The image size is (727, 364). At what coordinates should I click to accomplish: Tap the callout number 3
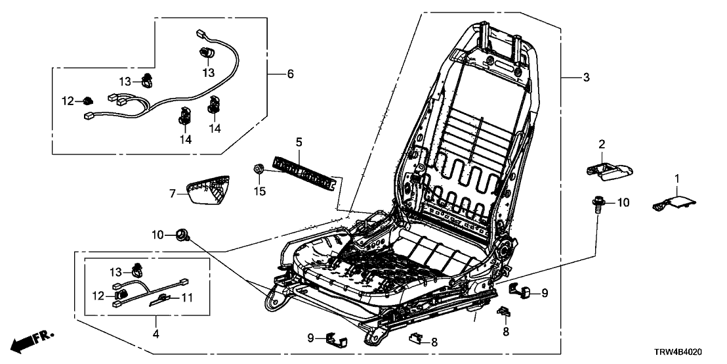click(x=586, y=78)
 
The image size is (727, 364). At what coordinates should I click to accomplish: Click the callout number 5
click(x=299, y=141)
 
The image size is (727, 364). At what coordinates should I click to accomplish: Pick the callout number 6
click(x=289, y=74)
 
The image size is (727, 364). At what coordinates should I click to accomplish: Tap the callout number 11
click(x=187, y=298)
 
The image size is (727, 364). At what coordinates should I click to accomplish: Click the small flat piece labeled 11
click(x=163, y=300)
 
